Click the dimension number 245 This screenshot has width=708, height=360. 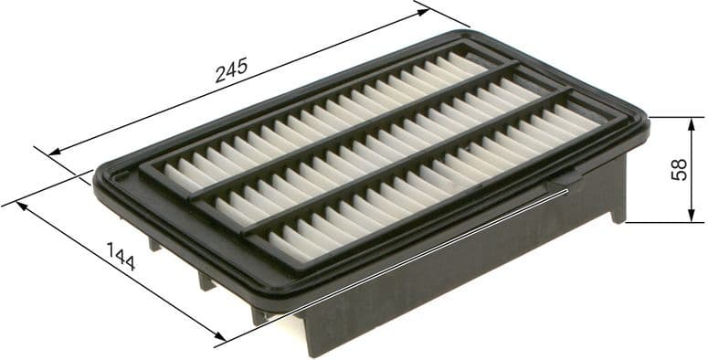(x=231, y=72)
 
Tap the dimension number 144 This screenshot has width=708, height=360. (x=121, y=257)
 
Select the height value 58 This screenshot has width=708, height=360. (x=679, y=169)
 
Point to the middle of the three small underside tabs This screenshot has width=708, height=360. (x=206, y=279)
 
